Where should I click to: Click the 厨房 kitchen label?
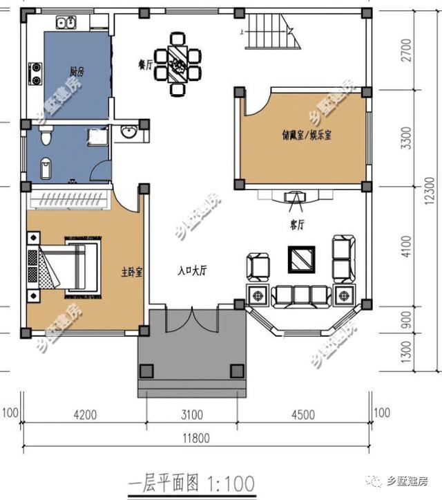[77, 71]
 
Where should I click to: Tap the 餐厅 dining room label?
[145, 65]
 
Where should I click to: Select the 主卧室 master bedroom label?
[131, 272]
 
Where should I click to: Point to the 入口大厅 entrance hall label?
[193, 270]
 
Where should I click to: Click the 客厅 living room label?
[297, 225]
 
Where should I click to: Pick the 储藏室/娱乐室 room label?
[307, 135]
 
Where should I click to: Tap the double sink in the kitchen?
[66, 23]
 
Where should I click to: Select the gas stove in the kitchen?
[36, 74]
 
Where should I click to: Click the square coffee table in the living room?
[302, 259]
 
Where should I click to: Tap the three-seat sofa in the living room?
[301, 297]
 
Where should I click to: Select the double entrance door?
[192, 319]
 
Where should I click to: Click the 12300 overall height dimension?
[430, 191]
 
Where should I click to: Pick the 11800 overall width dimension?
[196, 438]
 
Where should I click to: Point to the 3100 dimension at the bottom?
[192, 414]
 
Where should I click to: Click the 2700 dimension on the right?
[407, 50]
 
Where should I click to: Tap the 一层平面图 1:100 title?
[191, 483]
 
